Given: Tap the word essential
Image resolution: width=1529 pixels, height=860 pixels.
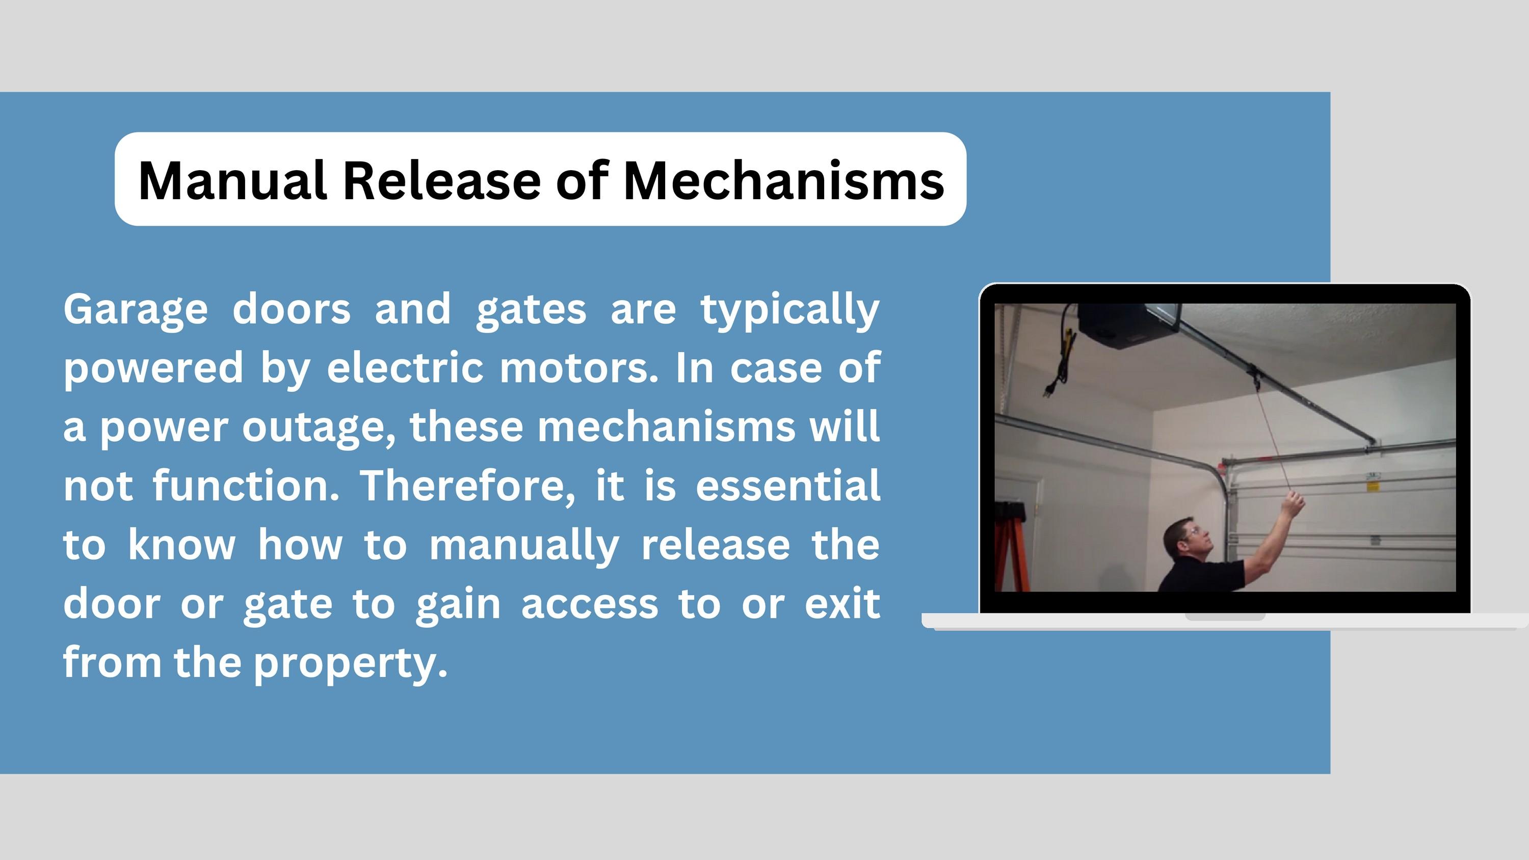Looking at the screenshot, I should [x=787, y=486].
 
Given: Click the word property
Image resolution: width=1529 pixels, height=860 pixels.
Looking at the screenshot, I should [x=350, y=663].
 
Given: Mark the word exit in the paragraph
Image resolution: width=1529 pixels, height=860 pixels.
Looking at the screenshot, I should [x=841, y=604].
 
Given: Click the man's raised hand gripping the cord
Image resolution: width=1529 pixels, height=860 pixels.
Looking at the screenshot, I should [x=1293, y=504].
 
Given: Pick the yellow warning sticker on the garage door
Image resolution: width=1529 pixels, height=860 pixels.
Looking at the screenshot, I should [x=1373, y=487].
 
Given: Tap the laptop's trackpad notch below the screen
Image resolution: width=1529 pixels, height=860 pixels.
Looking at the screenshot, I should [x=1225, y=617].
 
